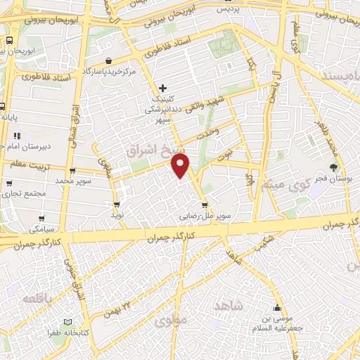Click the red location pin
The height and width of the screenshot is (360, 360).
[181, 166]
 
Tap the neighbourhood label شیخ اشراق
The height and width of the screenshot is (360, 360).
[149, 150]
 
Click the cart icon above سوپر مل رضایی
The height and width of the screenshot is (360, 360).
[205, 205]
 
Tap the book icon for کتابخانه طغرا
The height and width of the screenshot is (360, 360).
[67, 321]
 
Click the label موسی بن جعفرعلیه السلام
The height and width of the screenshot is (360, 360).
[278, 321]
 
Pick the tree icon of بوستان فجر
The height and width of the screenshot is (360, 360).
[333, 167]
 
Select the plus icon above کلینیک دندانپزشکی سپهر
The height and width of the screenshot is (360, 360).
[163, 89]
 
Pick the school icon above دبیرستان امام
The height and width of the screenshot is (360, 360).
[17, 135]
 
